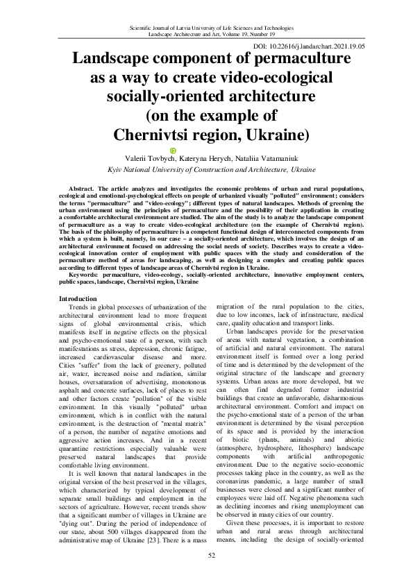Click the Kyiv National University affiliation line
pyautogui.click(x=206, y=169)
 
